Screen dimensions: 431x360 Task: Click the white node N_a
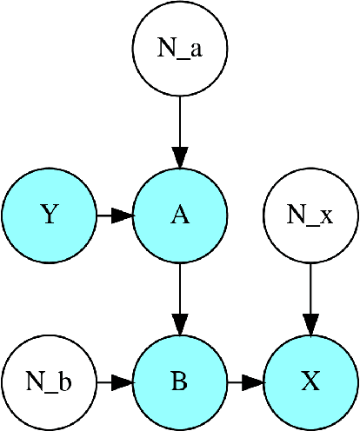point(180,49)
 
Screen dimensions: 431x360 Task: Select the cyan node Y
point(50,215)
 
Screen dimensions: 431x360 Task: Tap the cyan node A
point(180,215)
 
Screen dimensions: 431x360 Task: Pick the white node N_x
point(310,215)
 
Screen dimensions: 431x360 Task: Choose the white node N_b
point(50,381)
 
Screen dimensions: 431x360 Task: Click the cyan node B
point(180,381)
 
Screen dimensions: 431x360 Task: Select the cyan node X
point(310,381)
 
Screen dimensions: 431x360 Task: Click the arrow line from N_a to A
point(180,122)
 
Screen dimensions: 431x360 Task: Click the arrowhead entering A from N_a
point(180,156)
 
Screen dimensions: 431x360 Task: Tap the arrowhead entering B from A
point(180,323)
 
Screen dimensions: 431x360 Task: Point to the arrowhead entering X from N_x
point(310,323)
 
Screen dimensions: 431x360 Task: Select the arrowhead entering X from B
point(252,381)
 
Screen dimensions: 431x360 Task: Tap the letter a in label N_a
point(196,50)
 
